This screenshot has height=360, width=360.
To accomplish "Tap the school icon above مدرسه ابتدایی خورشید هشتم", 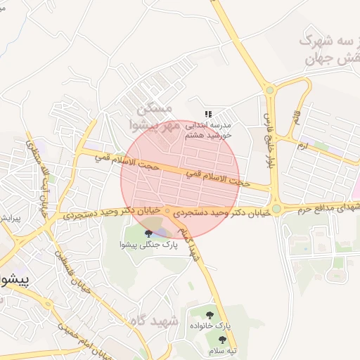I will click(x=208, y=113).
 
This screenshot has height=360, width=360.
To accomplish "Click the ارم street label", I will click(x=302, y=146).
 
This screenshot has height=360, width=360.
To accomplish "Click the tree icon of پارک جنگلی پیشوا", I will click(x=148, y=233).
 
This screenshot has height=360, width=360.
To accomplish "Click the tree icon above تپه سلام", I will click(x=223, y=340).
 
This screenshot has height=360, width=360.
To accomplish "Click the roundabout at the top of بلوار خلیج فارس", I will click(x=270, y=89).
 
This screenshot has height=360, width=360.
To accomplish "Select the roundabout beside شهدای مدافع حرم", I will click(x=276, y=208).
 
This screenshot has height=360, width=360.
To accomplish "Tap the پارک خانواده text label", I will click(x=209, y=326).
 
